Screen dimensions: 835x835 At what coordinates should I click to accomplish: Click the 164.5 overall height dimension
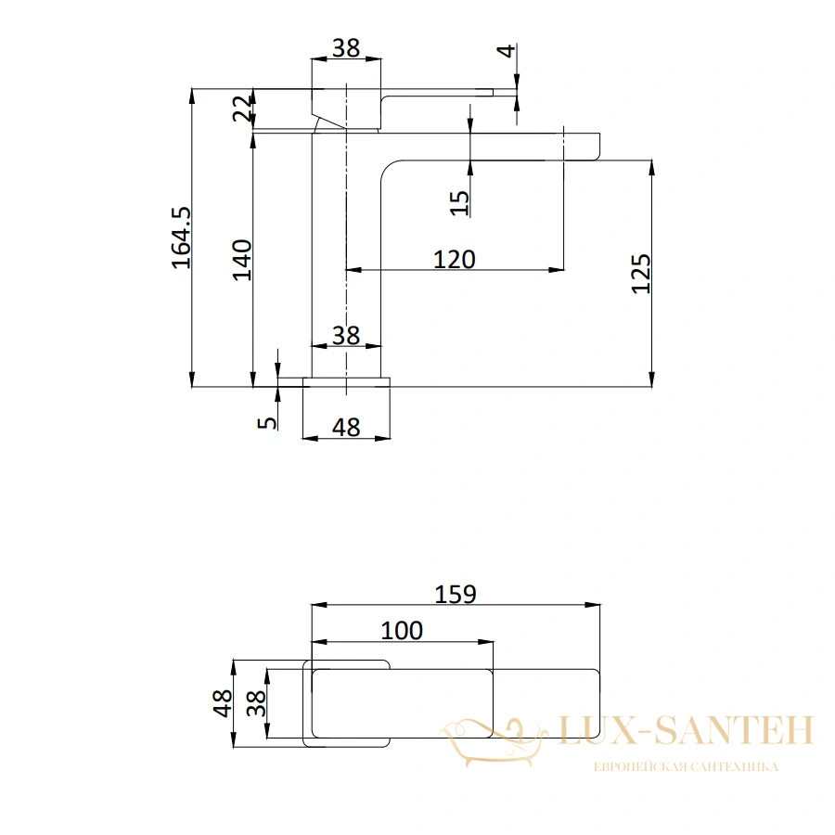coord(181,238)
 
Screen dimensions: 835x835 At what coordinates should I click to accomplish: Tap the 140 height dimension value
coord(242,260)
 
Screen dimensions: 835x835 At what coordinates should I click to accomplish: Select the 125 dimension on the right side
coord(640,274)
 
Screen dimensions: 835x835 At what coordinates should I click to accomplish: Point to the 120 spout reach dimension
coord(455,260)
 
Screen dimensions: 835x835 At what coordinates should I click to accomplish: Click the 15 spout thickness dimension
coord(459,203)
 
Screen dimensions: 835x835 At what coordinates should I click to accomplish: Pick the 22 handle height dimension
coord(242,109)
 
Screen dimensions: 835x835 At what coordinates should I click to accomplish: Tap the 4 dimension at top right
coord(506,51)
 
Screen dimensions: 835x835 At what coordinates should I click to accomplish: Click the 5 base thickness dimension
coord(267,423)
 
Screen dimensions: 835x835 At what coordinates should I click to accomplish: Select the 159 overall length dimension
coord(456,595)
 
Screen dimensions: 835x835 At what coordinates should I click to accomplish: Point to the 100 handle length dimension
coord(402,631)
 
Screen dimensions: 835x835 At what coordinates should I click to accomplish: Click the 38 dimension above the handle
coord(346,48)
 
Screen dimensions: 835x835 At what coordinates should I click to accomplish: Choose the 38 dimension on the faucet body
coord(346,336)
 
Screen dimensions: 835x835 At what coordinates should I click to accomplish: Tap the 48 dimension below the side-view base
coord(346,428)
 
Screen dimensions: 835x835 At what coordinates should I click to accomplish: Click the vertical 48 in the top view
coord(223,703)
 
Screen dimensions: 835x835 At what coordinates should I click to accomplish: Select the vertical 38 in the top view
coord(256,703)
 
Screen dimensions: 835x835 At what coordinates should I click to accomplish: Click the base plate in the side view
coord(346,382)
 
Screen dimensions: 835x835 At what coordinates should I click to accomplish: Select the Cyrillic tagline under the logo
coord(686,767)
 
